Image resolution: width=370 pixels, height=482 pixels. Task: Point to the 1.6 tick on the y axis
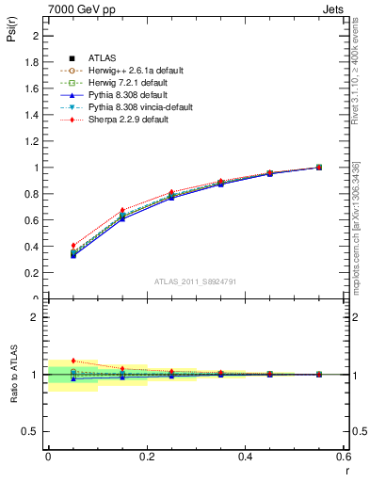tap(32, 88)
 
